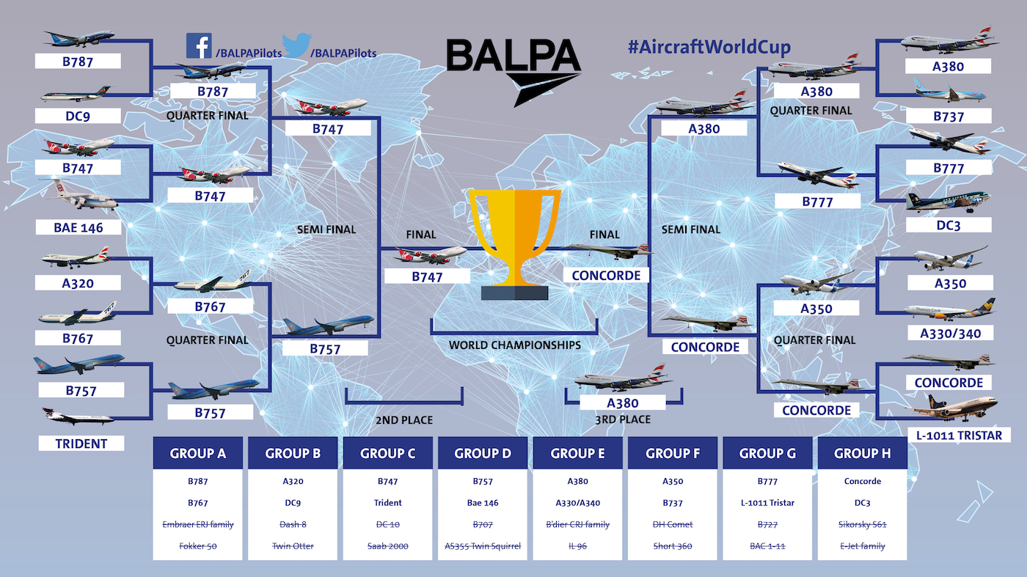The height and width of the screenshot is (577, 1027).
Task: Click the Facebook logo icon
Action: tap(199, 45)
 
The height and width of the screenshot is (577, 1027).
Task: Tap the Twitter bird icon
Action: tap(296, 45)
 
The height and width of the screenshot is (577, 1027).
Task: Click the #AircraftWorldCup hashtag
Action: tap(709, 47)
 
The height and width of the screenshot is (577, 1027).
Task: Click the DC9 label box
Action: tap(78, 116)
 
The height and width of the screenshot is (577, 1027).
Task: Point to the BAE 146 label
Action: tap(78, 227)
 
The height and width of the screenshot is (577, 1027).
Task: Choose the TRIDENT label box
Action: tap(81, 443)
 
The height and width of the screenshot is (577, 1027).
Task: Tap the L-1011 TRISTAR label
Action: tap(960, 435)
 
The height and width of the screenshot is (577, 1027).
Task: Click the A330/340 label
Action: tap(951, 333)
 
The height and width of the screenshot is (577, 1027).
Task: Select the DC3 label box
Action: tap(949, 225)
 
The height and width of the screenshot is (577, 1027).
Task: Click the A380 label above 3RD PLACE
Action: tap(623, 403)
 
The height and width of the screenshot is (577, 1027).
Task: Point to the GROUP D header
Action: tap(483, 453)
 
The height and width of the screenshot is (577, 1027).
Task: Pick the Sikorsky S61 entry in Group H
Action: tap(863, 524)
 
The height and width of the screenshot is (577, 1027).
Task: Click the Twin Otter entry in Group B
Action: tap(293, 545)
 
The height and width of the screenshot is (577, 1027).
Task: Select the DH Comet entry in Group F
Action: tap(673, 524)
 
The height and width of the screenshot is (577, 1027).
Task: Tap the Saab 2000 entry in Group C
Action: tap(388, 545)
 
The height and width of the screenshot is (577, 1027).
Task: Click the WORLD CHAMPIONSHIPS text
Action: tap(515, 345)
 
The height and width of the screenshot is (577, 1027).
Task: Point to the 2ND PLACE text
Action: tap(404, 420)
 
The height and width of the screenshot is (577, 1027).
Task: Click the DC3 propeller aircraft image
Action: tap(948, 202)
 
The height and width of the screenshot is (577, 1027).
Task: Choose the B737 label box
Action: tap(949, 116)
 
